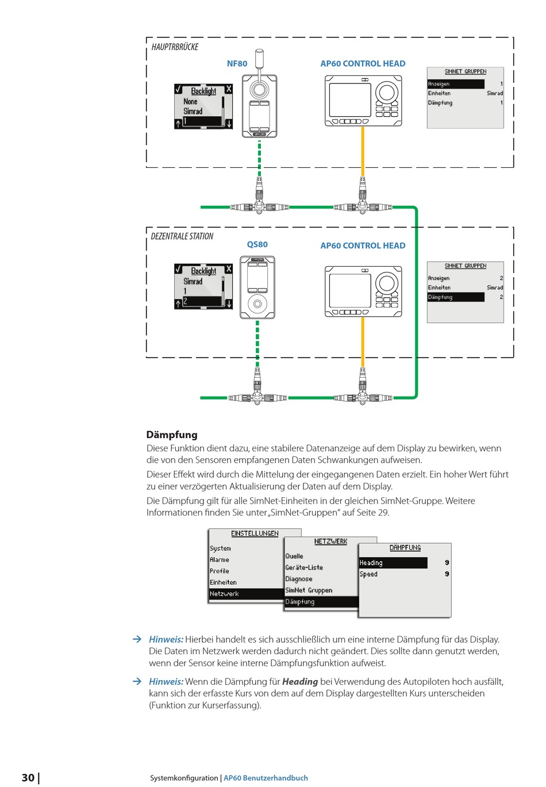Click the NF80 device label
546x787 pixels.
tap(237, 64)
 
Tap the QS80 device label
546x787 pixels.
tap(257, 244)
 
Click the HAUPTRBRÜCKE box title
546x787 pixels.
tap(175, 47)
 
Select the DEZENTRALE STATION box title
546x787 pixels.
tap(182, 236)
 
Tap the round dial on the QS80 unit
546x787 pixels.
tap(257, 304)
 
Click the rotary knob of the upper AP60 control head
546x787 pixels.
tap(387, 93)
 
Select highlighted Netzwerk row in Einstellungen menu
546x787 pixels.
tap(247, 593)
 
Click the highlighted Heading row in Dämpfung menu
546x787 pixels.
tap(393, 562)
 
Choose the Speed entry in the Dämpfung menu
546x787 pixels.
tap(368, 574)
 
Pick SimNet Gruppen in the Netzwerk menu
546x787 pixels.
tap(309, 590)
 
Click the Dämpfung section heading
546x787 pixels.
tap(172, 435)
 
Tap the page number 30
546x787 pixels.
tap(28, 777)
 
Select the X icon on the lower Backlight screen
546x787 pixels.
tap(229, 269)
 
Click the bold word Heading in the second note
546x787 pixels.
tap(300, 682)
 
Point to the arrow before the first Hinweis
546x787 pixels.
tap(137, 639)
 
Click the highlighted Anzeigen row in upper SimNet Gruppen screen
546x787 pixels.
tap(456, 84)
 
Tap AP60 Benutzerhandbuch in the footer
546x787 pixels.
tap(266, 778)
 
